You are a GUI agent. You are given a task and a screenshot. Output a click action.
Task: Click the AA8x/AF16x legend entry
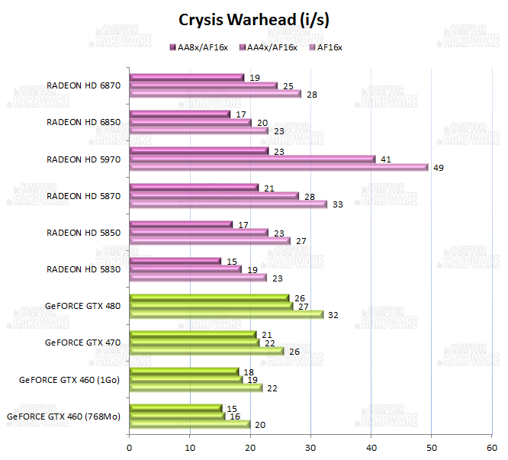point(201,47)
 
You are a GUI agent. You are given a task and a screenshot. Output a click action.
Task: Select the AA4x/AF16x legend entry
point(272,47)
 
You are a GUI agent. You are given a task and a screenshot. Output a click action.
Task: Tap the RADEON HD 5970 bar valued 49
point(278,167)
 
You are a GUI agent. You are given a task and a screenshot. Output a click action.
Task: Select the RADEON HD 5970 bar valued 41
point(252,159)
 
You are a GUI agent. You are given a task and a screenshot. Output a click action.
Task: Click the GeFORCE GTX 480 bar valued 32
point(227,314)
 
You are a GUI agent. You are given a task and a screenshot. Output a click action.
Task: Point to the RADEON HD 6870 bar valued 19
point(187,77)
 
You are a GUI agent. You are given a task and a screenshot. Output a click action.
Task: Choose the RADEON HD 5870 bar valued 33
point(228,204)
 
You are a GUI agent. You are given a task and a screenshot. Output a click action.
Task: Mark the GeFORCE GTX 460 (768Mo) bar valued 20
point(190,424)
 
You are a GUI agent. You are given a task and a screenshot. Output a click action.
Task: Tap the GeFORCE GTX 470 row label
point(83,343)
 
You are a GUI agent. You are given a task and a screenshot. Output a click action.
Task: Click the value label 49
point(439,168)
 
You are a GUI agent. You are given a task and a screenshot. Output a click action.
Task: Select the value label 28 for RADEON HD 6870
point(312,95)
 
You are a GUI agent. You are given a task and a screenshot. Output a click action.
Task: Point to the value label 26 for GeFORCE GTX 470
point(294,352)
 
